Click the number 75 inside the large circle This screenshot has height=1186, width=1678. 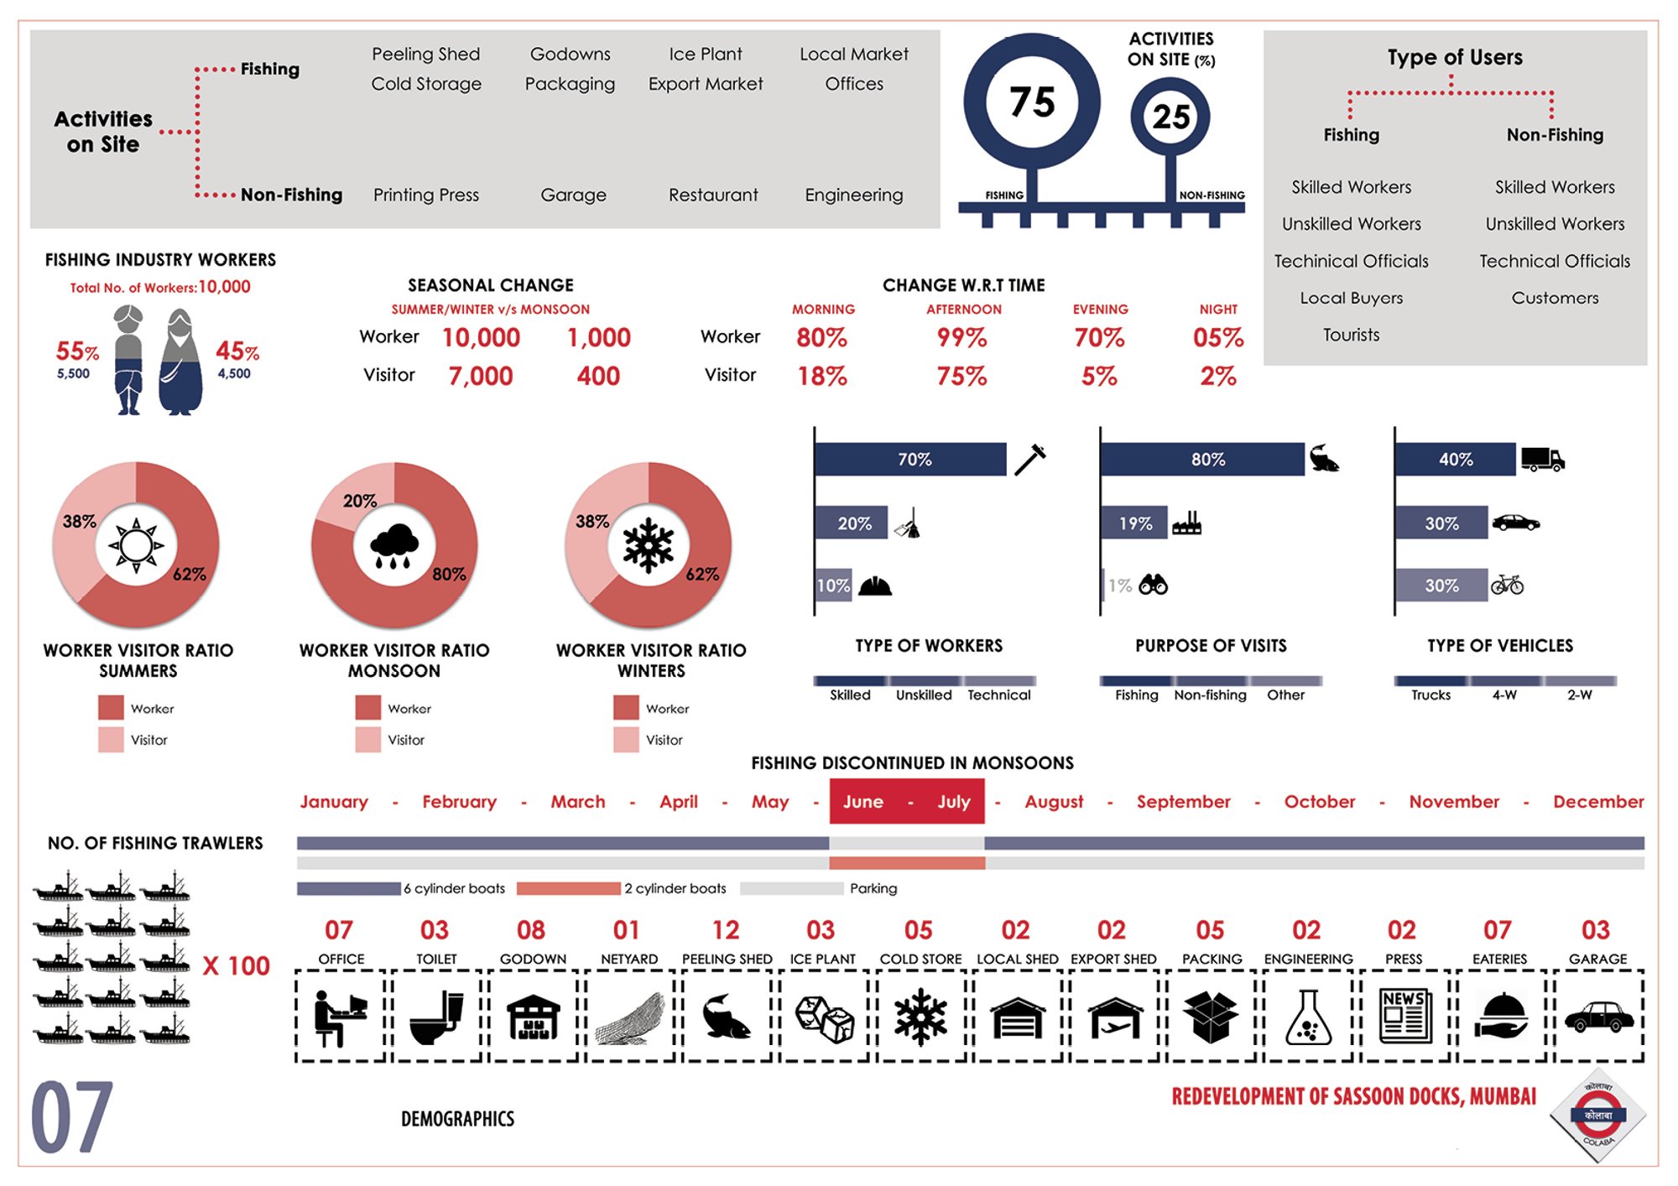(1032, 102)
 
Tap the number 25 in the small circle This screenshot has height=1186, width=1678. (1171, 117)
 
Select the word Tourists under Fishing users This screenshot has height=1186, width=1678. (1351, 335)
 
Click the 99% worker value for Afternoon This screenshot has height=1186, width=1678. (961, 338)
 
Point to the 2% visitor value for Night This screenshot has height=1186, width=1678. (1218, 376)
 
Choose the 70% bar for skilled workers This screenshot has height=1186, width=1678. (910, 460)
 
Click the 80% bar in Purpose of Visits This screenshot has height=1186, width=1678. (1202, 460)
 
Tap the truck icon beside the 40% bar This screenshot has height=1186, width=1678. (1542, 459)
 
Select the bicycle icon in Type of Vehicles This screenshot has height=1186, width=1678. (1507, 585)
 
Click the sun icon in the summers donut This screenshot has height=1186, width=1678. (136, 546)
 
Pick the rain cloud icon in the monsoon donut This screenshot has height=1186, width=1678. (393, 547)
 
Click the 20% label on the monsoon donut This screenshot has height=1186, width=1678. (359, 501)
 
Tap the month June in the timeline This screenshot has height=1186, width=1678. (862, 802)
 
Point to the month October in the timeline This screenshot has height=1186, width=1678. (1319, 802)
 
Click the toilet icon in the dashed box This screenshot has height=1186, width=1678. (437, 1017)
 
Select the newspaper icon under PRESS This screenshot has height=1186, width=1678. (1405, 1016)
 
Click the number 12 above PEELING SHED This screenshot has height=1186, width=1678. (726, 930)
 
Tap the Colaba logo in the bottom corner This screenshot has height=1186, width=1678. (1597, 1116)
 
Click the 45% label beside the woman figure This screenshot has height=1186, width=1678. (237, 351)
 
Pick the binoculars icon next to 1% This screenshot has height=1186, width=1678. (1153, 585)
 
